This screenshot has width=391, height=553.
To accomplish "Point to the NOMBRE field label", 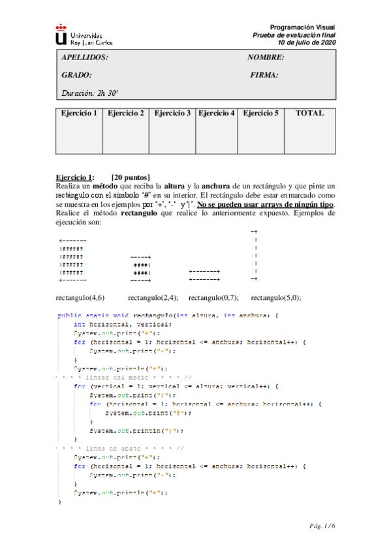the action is coord(266,57).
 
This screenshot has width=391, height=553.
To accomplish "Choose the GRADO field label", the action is coord(76,75).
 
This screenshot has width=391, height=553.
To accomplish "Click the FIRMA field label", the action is coord(264,75).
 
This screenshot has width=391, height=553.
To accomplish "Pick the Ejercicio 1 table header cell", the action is coord(79,113).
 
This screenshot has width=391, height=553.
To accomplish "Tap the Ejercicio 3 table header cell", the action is coord(172,113).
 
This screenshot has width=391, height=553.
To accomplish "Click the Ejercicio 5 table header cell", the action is coord(260,113).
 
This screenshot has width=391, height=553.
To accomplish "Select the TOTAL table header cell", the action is coord(309,113).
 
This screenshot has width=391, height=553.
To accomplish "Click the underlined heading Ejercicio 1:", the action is coord(74,177).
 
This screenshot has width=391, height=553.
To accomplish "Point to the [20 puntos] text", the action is coord(131,177).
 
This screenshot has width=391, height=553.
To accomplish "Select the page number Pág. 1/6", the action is coord(322,525).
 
